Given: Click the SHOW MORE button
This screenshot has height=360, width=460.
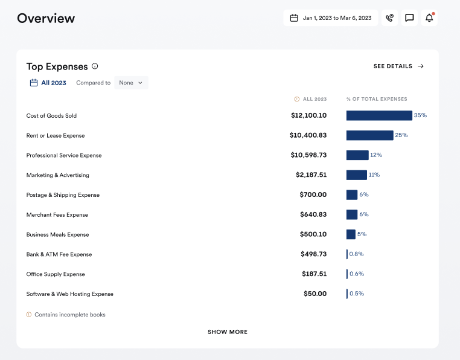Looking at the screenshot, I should pyautogui.click(x=228, y=332).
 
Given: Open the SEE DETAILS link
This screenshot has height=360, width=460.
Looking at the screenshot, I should pyautogui.click(x=398, y=66).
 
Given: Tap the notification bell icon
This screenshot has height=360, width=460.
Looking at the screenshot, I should pyautogui.click(x=429, y=18).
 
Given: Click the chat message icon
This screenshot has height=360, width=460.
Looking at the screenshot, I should pyautogui.click(x=409, y=18).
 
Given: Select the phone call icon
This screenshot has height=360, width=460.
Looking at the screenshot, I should pyautogui.click(x=390, y=18).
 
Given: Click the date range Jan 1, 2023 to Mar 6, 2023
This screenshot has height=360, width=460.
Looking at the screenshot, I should pyautogui.click(x=331, y=18).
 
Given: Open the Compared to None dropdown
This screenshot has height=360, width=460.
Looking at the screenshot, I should pyautogui.click(x=131, y=83).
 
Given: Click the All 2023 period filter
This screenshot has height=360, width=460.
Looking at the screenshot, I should pyautogui.click(x=48, y=83).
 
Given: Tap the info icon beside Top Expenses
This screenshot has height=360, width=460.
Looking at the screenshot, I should pyautogui.click(x=95, y=66).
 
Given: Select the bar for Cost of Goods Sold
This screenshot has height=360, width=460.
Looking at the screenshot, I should pyautogui.click(x=379, y=115).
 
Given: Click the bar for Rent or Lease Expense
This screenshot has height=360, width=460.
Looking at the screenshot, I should pyautogui.click(x=369, y=135).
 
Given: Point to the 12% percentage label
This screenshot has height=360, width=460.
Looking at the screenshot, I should pyautogui.click(x=376, y=155).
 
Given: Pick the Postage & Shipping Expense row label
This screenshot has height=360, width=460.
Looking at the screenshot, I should pyautogui.click(x=63, y=195).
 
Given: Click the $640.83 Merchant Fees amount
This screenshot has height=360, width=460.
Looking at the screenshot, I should pyautogui.click(x=313, y=214).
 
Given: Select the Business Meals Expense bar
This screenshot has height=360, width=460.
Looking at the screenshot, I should pyautogui.click(x=351, y=234).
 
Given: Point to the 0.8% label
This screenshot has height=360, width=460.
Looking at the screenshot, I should pyautogui.click(x=356, y=254).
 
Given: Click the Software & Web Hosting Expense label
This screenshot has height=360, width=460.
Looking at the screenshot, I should pyautogui.click(x=69, y=294).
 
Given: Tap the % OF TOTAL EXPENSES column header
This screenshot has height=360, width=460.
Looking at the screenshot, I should pyautogui.click(x=377, y=99).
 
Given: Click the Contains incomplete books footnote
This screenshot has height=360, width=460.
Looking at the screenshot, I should pyautogui.click(x=69, y=315).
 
